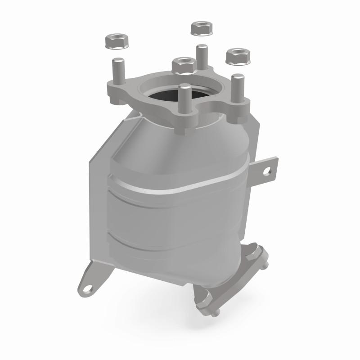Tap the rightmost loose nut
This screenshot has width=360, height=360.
[234, 57]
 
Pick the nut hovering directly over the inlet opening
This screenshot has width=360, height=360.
[183, 66]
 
